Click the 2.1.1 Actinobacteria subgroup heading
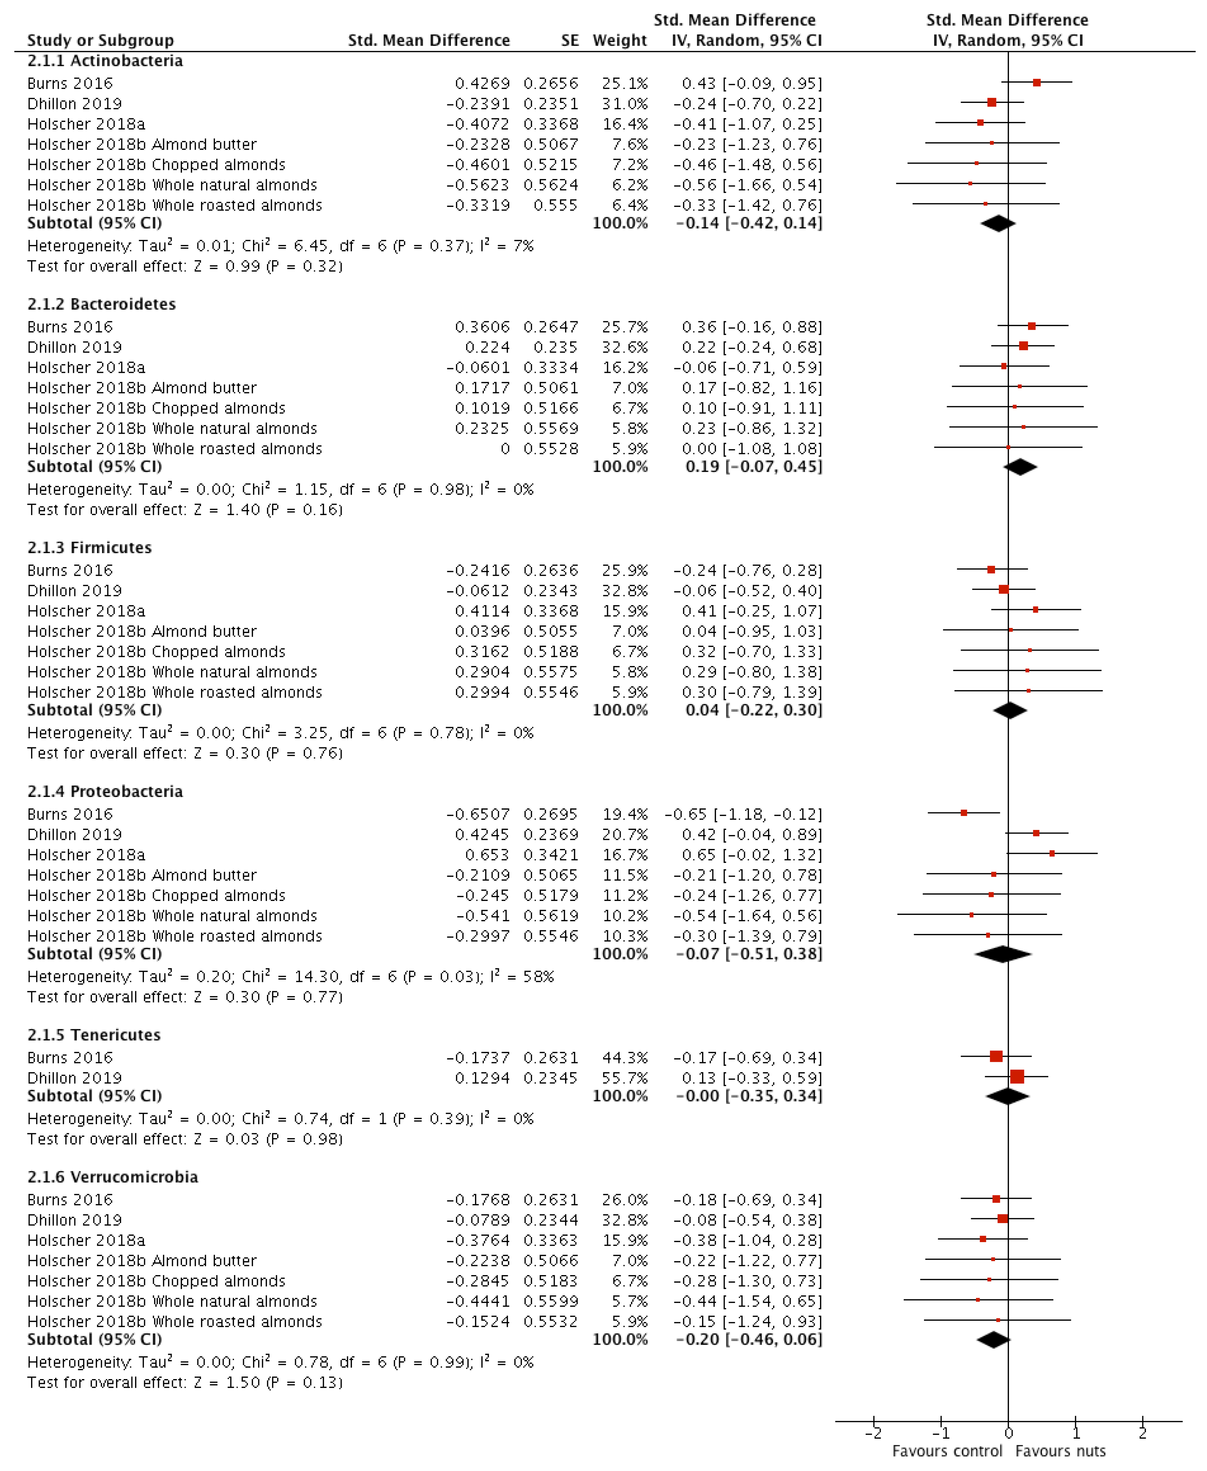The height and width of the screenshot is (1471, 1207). (x=105, y=60)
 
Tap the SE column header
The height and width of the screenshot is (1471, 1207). (x=569, y=40)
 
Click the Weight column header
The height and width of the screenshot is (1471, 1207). (x=619, y=40)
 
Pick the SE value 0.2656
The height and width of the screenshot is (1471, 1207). (x=551, y=83)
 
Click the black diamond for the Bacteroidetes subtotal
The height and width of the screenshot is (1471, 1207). (x=1020, y=467)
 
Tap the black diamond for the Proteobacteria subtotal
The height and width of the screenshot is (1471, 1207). (x=1003, y=954)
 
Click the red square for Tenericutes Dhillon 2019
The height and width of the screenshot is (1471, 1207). (x=1017, y=1076)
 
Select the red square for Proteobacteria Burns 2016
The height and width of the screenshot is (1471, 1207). (x=964, y=812)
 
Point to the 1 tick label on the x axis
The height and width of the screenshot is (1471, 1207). (x=1076, y=1433)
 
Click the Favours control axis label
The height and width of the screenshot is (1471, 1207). (x=947, y=1451)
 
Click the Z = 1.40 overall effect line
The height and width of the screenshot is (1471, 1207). (x=184, y=509)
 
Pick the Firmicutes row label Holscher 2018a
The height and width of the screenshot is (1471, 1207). (x=86, y=611)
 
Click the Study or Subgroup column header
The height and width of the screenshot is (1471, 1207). (x=100, y=40)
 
